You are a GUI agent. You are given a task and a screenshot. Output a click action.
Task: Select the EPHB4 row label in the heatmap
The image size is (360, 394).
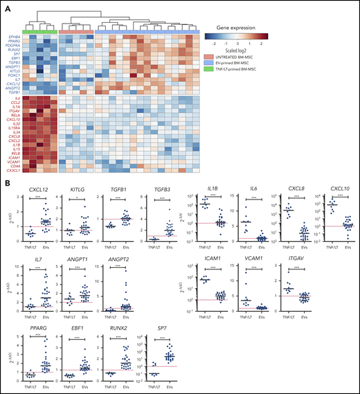pyautogui.click(x=14, y=35)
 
